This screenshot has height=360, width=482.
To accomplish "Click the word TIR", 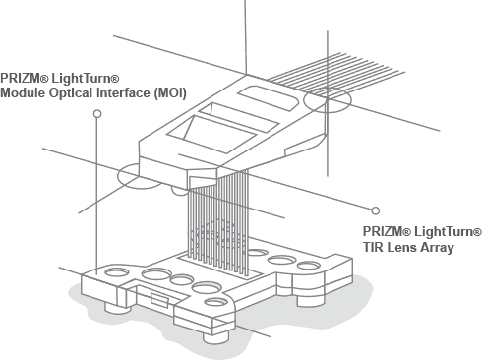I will click(x=375, y=247).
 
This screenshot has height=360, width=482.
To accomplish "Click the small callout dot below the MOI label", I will click(x=96, y=114).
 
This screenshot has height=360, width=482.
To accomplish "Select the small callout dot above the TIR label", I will click(x=375, y=210).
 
